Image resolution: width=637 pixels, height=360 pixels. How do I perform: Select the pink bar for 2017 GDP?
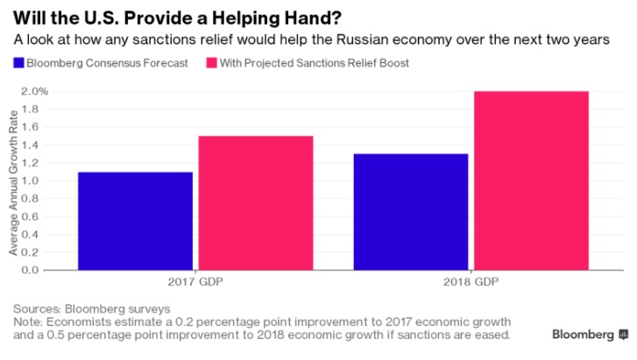pos(255,202)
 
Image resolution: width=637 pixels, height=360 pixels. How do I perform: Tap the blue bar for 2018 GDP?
pos(410,212)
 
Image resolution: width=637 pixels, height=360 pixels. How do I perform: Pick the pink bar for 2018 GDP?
pos(531,180)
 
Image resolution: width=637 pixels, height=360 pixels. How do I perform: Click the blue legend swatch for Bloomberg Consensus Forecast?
pos(18,63)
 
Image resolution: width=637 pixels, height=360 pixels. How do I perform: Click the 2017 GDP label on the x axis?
pos(195,284)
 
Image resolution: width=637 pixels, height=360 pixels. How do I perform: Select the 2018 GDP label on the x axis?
pos(471,284)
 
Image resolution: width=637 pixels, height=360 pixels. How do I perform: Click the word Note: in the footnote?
pos(27,321)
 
